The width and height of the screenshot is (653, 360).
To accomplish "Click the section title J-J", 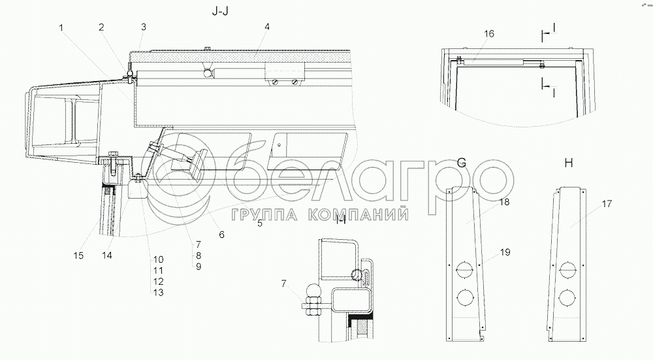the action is coord(220,11).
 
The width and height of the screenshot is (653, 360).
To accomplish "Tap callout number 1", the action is coord(61,28).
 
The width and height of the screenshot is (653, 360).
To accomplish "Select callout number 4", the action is coord(267,27).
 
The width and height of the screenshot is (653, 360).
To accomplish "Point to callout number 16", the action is coord(489,33).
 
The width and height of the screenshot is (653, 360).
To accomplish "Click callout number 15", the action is coord(78,255).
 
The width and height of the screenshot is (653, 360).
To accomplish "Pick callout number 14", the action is coord(107,255).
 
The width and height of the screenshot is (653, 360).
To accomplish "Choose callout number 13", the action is coord(158,293).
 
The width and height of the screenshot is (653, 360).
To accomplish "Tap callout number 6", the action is coord(221,235).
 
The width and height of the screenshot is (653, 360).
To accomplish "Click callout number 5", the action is coord(259,223).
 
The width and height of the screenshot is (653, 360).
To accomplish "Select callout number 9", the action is coord(199,267).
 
